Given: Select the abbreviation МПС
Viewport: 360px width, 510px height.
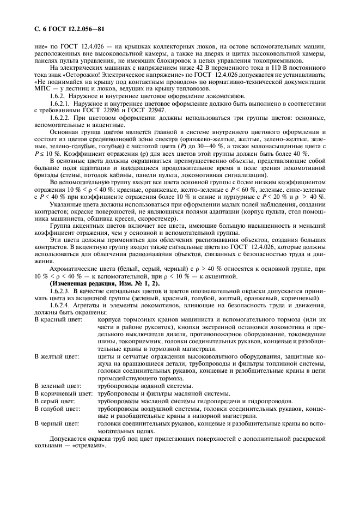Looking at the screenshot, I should coord(42,87).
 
